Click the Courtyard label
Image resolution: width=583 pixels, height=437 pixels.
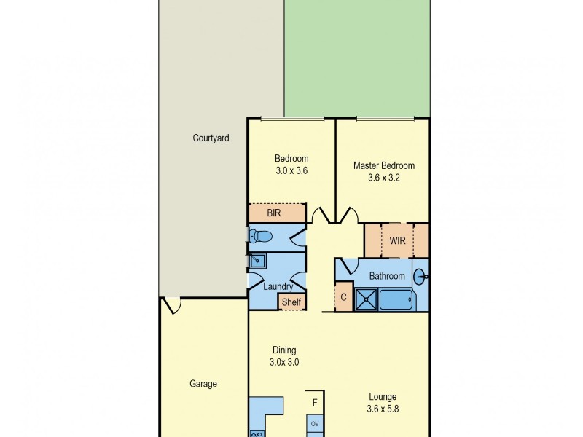(211, 138)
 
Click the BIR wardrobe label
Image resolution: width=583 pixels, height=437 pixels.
(274, 213)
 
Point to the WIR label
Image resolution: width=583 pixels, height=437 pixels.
(397, 240)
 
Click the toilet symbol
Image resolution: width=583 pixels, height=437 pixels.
(262, 235)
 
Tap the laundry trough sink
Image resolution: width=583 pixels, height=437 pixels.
(258, 261)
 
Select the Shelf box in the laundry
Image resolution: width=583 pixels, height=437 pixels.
(291, 302)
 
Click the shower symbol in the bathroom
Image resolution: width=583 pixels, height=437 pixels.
(367, 300)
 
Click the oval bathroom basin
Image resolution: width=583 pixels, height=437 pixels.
(420, 276)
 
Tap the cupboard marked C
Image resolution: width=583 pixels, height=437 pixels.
(343, 298)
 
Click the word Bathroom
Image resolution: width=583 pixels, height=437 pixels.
(386, 276)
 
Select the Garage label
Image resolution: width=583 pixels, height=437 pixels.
(203, 384)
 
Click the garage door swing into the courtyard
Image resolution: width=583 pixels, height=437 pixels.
(171, 305)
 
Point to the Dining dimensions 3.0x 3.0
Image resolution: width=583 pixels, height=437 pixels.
(284, 361)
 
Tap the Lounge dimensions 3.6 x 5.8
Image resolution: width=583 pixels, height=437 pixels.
(383, 409)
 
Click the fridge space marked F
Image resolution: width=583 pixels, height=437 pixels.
(315, 403)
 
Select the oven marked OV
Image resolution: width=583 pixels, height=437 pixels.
(315, 423)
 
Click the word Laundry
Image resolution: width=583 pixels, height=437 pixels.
(277, 286)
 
